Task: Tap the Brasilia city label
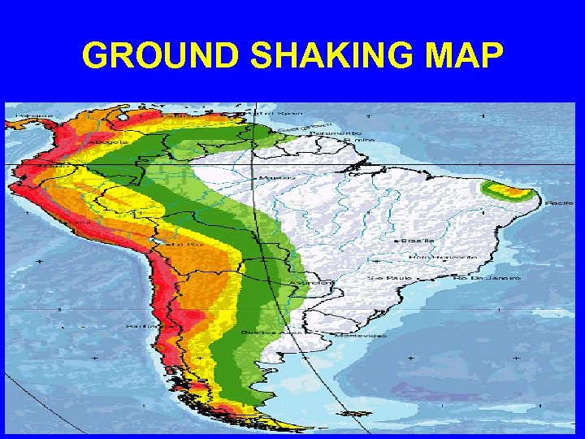click(x=417, y=241)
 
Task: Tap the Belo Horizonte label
click(x=442, y=257)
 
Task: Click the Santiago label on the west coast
click(x=136, y=326)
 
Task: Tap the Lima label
click(x=82, y=220)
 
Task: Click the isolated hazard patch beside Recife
click(x=509, y=193)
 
